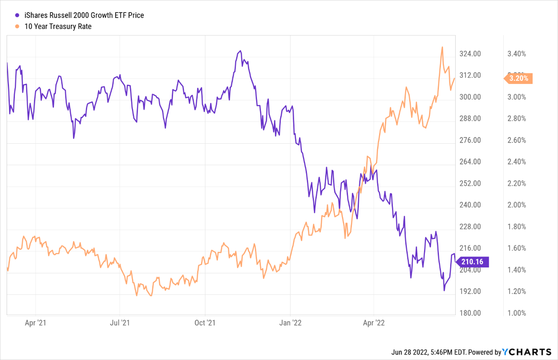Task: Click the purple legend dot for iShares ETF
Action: [17, 16]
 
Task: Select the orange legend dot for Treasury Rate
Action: [17, 27]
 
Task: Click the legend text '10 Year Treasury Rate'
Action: [58, 27]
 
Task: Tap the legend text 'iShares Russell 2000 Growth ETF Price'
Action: [84, 16]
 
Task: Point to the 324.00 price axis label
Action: [470, 54]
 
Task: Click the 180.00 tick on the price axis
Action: [470, 313]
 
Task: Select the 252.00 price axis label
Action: [470, 183]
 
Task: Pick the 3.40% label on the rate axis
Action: [517, 54]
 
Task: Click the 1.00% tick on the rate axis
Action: [517, 313]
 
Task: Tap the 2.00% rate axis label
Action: [517, 205]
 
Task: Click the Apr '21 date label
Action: [36, 323]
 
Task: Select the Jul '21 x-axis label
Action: [120, 323]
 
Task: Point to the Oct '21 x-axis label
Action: [205, 323]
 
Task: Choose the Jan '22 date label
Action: [290, 323]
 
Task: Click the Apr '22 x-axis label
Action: [374, 323]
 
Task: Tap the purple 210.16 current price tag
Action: [472, 262]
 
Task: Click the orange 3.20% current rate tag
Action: [519, 78]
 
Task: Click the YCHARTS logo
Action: [527, 352]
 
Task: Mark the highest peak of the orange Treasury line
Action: [442, 47]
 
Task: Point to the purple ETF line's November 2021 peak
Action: [240, 51]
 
